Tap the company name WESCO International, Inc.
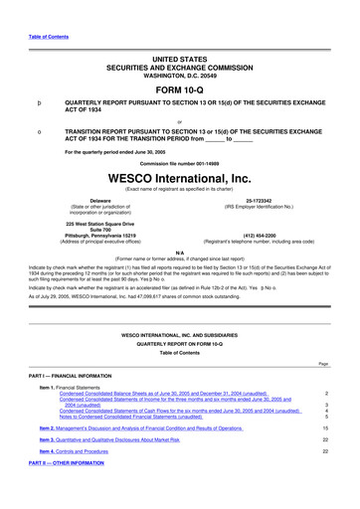pos(179,179)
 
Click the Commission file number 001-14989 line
pos(179,163)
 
